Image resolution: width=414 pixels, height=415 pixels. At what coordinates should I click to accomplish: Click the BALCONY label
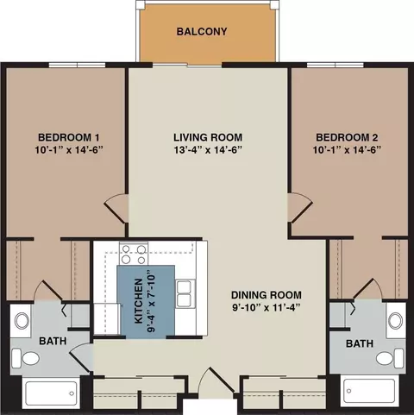point(202,31)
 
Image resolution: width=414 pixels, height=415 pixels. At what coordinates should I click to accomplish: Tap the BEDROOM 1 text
point(69,137)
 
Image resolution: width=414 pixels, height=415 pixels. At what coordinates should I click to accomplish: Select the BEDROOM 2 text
point(347,137)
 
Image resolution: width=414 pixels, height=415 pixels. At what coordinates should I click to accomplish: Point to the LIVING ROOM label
point(208,137)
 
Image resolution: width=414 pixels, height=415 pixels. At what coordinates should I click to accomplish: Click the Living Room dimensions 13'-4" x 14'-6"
point(208,150)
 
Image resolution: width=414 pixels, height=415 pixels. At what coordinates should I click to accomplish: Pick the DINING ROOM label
point(267,295)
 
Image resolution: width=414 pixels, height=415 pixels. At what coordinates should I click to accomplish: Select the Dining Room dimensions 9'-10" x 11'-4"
point(267,308)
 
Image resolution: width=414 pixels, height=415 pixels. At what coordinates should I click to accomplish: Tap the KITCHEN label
point(139,300)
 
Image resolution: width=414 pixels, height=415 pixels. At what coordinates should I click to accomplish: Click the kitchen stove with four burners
point(134,254)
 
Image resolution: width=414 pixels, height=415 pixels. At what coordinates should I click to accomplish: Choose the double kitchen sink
point(184,294)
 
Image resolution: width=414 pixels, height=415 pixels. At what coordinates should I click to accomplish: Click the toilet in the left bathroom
point(26,358)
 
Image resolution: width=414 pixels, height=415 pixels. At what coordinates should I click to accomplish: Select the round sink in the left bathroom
point(22,321)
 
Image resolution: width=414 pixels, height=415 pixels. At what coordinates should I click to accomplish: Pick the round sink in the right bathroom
point(396,321)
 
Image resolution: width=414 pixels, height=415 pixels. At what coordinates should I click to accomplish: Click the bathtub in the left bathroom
point(51,393)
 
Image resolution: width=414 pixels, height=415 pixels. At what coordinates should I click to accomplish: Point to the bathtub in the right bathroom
point(369,391)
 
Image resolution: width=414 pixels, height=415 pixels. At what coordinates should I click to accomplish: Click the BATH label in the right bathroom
point(360,343)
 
